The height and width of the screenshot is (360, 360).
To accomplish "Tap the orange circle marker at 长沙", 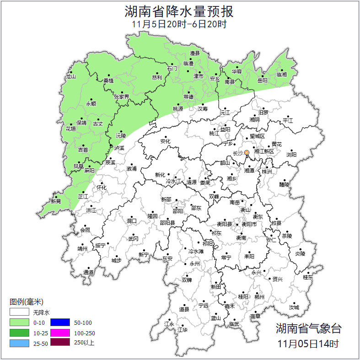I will point(247,152).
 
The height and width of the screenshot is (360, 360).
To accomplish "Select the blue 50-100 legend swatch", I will point(60,322).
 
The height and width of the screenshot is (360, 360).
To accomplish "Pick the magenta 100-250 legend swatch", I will point(60,332).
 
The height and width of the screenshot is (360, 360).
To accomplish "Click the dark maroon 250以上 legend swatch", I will point(60,342).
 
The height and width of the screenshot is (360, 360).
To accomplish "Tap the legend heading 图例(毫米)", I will point(27,302).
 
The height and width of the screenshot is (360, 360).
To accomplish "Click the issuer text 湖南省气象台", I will point(308,328).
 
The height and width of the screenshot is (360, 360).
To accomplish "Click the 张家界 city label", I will point(122,97).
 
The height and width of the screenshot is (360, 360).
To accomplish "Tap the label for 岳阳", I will point(263,81).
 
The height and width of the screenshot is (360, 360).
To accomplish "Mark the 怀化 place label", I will point(102,188).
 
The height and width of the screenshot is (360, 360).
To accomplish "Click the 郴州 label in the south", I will point(259,297).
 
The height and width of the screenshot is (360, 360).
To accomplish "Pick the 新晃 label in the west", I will point(56,201).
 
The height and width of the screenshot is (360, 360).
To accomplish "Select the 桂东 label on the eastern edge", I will point(308,277).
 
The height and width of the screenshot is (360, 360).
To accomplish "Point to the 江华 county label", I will point(183,329).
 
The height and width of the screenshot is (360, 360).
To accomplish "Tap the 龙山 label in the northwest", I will point(70,77).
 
